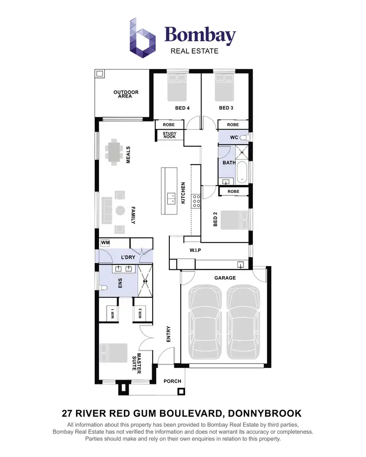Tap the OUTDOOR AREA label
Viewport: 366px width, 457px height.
126,94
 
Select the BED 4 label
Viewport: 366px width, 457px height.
182,108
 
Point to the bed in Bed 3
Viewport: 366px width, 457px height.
225,87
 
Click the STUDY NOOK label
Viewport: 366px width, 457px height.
169,135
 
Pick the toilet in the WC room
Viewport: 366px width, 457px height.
244,138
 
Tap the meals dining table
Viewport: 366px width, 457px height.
115,152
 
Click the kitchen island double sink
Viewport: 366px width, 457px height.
171,198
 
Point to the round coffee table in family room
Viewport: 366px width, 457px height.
120,210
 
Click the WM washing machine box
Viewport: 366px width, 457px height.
105,243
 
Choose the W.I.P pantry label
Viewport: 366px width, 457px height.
195,250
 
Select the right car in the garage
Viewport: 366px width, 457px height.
244,322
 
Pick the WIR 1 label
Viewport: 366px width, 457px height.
112,313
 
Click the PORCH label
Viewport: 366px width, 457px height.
172,381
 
